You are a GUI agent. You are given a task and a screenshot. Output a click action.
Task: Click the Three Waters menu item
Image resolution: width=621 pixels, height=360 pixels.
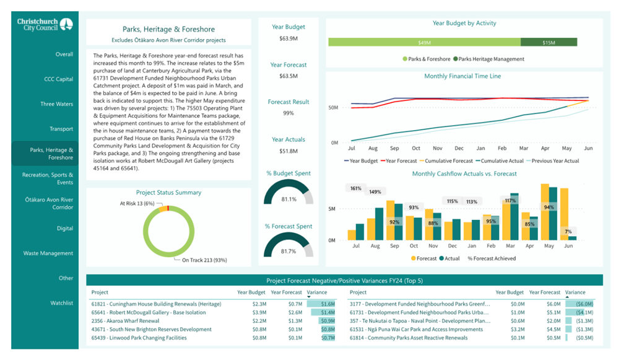[56, 104]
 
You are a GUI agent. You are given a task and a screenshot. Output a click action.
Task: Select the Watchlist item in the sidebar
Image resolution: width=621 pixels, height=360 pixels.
[61, 303]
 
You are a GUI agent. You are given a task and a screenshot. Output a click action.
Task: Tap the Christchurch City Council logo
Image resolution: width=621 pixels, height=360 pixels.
[45, 24]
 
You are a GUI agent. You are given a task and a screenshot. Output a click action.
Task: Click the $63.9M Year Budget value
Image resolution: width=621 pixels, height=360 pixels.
[289, 38]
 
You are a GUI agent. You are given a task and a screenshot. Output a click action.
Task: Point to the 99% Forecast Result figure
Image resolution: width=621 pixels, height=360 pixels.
[289, 113]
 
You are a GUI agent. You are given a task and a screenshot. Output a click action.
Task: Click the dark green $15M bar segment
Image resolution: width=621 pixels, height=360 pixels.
[549, 42]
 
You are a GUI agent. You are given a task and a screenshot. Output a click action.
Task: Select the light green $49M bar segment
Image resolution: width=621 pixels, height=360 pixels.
[424, 42]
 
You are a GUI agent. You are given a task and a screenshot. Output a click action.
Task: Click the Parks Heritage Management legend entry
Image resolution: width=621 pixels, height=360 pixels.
[489, 59]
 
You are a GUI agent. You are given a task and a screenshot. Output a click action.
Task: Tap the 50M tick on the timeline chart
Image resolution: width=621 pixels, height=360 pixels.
[332, 107]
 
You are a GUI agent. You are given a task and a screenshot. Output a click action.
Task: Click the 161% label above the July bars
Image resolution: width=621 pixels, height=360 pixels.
[355, 188]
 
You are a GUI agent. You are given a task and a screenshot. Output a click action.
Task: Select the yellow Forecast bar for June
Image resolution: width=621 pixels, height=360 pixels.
[565, 214]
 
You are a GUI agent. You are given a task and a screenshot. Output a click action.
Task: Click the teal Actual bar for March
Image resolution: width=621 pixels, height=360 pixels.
[514, 217]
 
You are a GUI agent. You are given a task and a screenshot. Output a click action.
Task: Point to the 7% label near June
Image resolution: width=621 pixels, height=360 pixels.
[568, 232]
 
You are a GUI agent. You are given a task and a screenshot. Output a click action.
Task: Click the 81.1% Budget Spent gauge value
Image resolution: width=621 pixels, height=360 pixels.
[289, 199]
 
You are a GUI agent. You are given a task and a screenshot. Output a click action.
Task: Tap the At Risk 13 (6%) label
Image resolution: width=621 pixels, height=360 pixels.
[137, 203]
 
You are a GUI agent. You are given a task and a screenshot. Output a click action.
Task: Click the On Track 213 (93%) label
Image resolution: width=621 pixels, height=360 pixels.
[204, 260]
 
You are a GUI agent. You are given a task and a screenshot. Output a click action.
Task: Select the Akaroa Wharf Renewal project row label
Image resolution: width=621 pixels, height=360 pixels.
[125, 321]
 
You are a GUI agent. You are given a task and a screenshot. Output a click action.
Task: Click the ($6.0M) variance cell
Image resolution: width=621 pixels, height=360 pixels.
[584, 304]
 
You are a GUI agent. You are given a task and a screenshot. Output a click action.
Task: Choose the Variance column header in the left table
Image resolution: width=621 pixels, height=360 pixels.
[317, 292]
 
